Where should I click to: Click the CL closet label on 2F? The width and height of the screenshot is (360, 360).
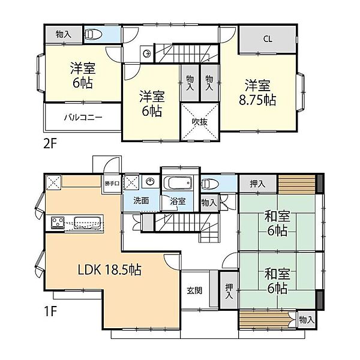[268, 39]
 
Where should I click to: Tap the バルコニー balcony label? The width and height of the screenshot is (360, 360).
[83, 118]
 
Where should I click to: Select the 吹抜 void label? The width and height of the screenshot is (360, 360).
[200, 122]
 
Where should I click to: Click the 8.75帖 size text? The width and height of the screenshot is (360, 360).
[257, 100]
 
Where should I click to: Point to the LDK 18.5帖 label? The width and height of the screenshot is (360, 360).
[110, 269]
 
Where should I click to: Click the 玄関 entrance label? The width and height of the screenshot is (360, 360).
[194, 290]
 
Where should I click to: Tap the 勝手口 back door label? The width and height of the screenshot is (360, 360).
[112, 184]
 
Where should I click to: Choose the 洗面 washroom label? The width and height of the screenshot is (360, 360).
[141, 200]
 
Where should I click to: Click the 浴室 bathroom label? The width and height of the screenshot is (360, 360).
[178, 201]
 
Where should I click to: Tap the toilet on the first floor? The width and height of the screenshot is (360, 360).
[209, 184]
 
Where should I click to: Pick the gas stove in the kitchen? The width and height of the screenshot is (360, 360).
[58, 223]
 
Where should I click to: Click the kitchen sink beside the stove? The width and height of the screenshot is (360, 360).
[88, 223]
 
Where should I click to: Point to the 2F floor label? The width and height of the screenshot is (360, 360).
[50, 145]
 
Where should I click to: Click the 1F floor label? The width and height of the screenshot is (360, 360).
[50, 311]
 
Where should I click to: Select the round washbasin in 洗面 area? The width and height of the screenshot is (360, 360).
[150, 182]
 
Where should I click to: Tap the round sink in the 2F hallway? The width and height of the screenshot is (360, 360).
[146, 54]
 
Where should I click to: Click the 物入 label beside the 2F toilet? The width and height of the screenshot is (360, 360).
[64, 34]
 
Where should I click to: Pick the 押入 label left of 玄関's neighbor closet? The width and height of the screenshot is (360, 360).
[229, 291]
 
